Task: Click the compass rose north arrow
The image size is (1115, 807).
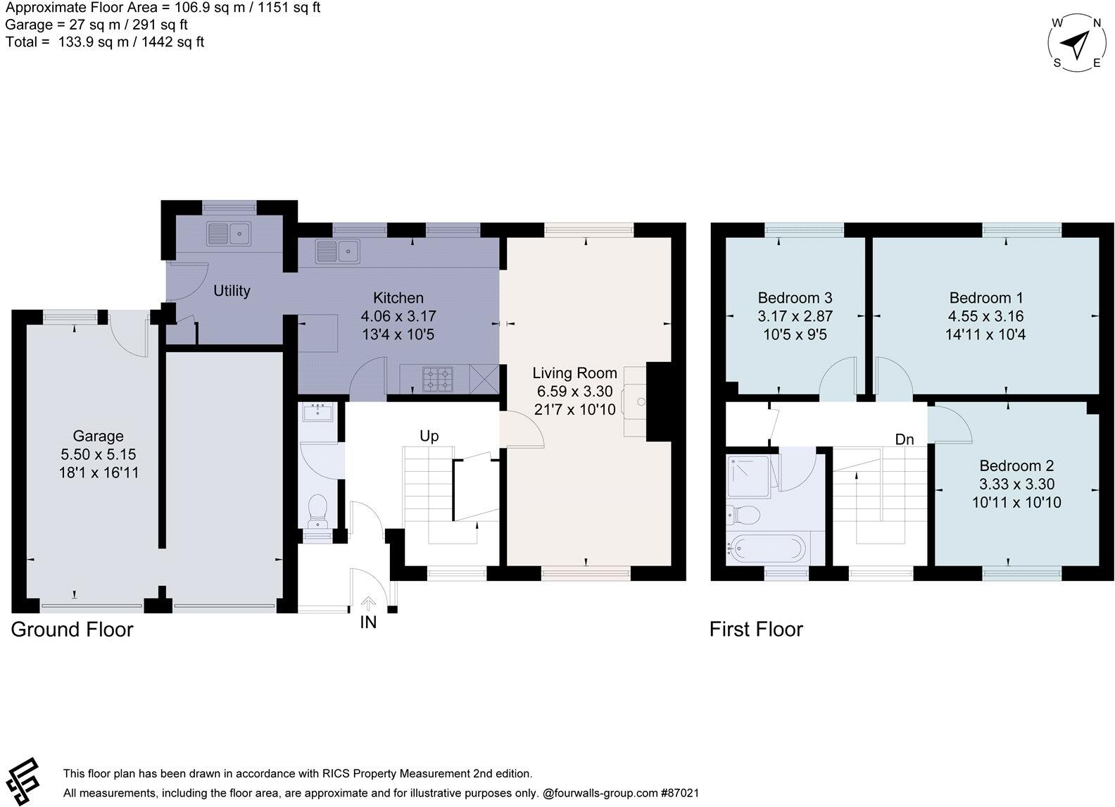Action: click(1074, 45)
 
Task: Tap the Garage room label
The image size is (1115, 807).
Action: click(98, 437)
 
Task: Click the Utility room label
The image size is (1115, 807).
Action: click(232, 291)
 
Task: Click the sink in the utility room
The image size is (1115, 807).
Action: click(229, 233)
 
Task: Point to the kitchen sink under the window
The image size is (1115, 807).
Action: click(337, 251)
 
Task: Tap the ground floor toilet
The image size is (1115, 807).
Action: click(318, 511)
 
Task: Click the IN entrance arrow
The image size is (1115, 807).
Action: click(368, 604)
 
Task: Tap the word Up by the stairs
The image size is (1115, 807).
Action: click(429, 436)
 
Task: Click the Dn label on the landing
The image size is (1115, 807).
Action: click(905, 439)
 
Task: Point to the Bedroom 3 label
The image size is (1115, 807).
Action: click(795, 298)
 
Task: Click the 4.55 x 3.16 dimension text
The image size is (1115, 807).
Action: click(985, 316)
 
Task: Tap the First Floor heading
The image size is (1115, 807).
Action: click(756, 629)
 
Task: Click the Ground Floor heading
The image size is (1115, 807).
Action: click(72, 629)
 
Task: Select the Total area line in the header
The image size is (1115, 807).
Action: click(105, 42)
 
